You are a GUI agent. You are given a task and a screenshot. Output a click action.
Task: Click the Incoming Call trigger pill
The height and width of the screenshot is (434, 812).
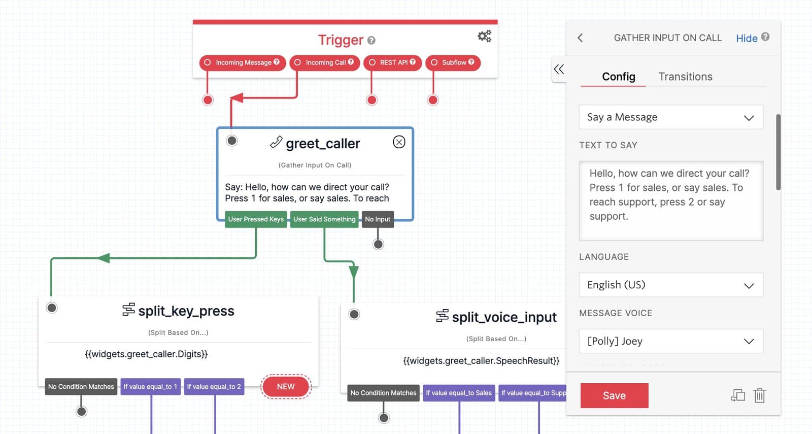click(x=325, y=62)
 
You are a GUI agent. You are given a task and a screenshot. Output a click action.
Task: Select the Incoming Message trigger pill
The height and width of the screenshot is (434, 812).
click(x=243, y=62)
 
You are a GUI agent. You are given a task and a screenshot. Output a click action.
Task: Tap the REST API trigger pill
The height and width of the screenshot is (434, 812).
click(x=393, y=62)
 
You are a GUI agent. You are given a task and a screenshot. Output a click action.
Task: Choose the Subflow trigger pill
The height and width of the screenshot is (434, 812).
click(x=453, y=62)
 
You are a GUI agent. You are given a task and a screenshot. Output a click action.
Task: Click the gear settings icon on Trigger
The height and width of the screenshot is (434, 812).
click(x=484, y=36)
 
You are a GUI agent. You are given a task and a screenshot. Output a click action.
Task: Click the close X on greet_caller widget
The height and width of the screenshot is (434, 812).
click(x=399, y=142)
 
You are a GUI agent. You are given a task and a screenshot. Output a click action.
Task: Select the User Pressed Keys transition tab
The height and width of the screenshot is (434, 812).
click(x=256, y=219)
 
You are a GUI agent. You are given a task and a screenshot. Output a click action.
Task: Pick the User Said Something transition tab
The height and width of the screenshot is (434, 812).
click(x=324, y=219)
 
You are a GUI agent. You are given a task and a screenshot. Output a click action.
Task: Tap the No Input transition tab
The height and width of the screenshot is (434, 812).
click(x=378, y=219)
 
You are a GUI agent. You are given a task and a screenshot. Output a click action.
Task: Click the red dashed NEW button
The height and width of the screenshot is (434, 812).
click(x=286, y=387)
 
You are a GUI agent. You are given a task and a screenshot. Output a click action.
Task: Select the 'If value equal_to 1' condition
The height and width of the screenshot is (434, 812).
click(x=150, y=387)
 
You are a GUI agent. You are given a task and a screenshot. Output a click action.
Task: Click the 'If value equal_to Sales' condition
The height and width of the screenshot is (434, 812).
click(x=459, y=393)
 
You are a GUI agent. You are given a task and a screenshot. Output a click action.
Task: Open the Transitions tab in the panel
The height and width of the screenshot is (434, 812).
click(x=685, y=77)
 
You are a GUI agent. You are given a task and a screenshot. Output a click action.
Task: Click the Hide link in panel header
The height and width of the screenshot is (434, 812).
click(x=747, y=38)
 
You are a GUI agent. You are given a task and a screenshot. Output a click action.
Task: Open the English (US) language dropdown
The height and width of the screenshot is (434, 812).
click(x=671, y=285)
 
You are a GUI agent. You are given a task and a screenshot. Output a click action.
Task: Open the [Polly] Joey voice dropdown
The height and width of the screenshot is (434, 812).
click(x=671, y=341)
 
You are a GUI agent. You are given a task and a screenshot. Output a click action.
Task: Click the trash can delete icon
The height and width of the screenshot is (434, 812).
click(x=759, y=395)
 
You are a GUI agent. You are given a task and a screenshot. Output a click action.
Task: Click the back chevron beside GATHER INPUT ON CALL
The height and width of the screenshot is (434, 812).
click(x=581, y=38)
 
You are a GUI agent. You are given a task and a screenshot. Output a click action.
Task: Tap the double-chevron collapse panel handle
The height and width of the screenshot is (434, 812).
click(x=559, y=70)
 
